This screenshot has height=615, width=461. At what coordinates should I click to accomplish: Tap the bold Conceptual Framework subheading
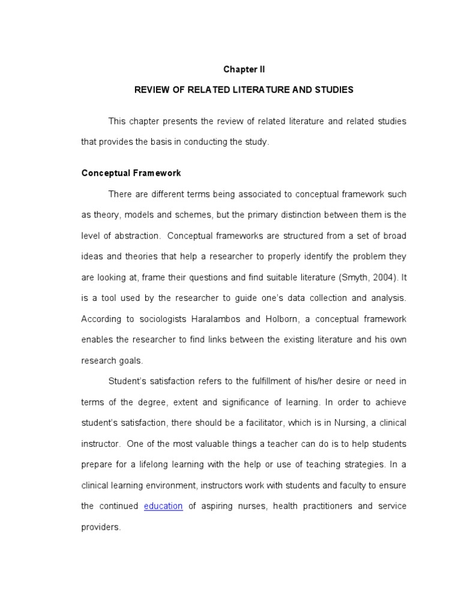[x=131, y=173]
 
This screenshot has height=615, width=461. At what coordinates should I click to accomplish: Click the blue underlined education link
[x=163, y=506]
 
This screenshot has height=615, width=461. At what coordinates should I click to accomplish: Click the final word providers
[x=101, y=527]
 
